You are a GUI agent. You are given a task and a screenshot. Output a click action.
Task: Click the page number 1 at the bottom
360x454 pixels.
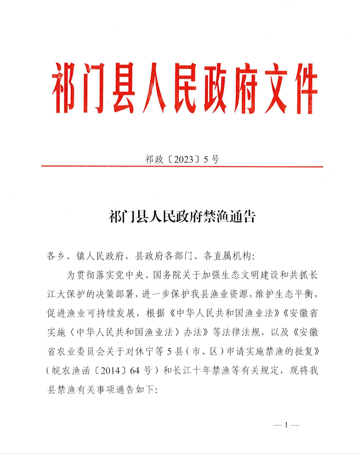point(286,425)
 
